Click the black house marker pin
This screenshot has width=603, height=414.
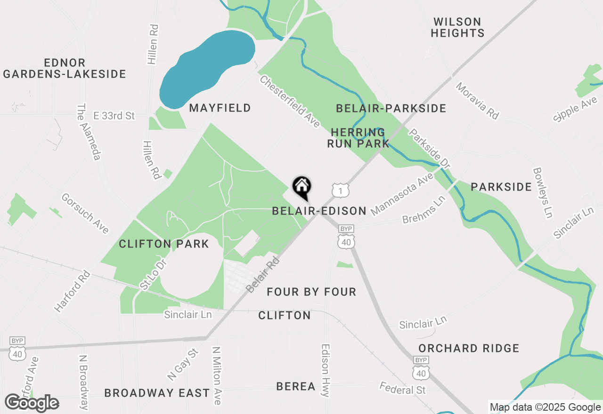pos(301,187)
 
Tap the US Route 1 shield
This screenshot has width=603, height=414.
pos(340,190)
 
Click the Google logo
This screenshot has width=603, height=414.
pos(32,403)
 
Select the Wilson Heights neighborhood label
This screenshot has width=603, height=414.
pos(457,27)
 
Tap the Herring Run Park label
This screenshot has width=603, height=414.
pos(359,138)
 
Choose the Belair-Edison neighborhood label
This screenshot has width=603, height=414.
pos(319,211)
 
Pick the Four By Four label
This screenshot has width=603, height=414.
pos(311,292)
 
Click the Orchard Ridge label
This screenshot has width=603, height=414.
pos(469,348)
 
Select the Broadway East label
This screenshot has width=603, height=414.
pos(157,393)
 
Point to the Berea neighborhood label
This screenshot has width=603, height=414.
pos(296,386)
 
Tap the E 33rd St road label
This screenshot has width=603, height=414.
pos(114,115)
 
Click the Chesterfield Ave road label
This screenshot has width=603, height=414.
pos(290,102)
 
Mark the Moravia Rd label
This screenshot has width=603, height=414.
pos(477,101)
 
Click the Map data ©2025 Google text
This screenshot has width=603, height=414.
pos(545,407)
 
